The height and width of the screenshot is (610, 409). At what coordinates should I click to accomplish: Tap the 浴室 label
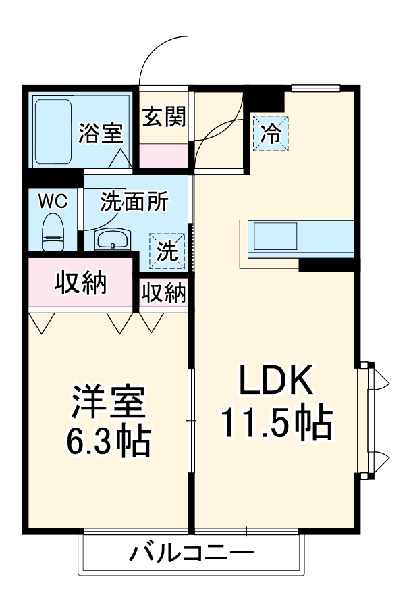coord(100,133)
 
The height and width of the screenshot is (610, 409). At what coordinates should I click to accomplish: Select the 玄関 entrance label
coord(163,118)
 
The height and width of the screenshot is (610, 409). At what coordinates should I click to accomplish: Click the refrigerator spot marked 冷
coord(270,132)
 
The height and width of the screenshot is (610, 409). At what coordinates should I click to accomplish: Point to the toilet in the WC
coord(52,230)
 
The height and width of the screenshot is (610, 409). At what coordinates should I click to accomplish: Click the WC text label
coord(52,201)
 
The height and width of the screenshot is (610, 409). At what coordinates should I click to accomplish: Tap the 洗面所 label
coord(135,202)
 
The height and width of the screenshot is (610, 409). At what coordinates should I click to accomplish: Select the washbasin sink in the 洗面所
coord(112,239)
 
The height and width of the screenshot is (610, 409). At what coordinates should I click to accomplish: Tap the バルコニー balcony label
coord(192,555)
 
